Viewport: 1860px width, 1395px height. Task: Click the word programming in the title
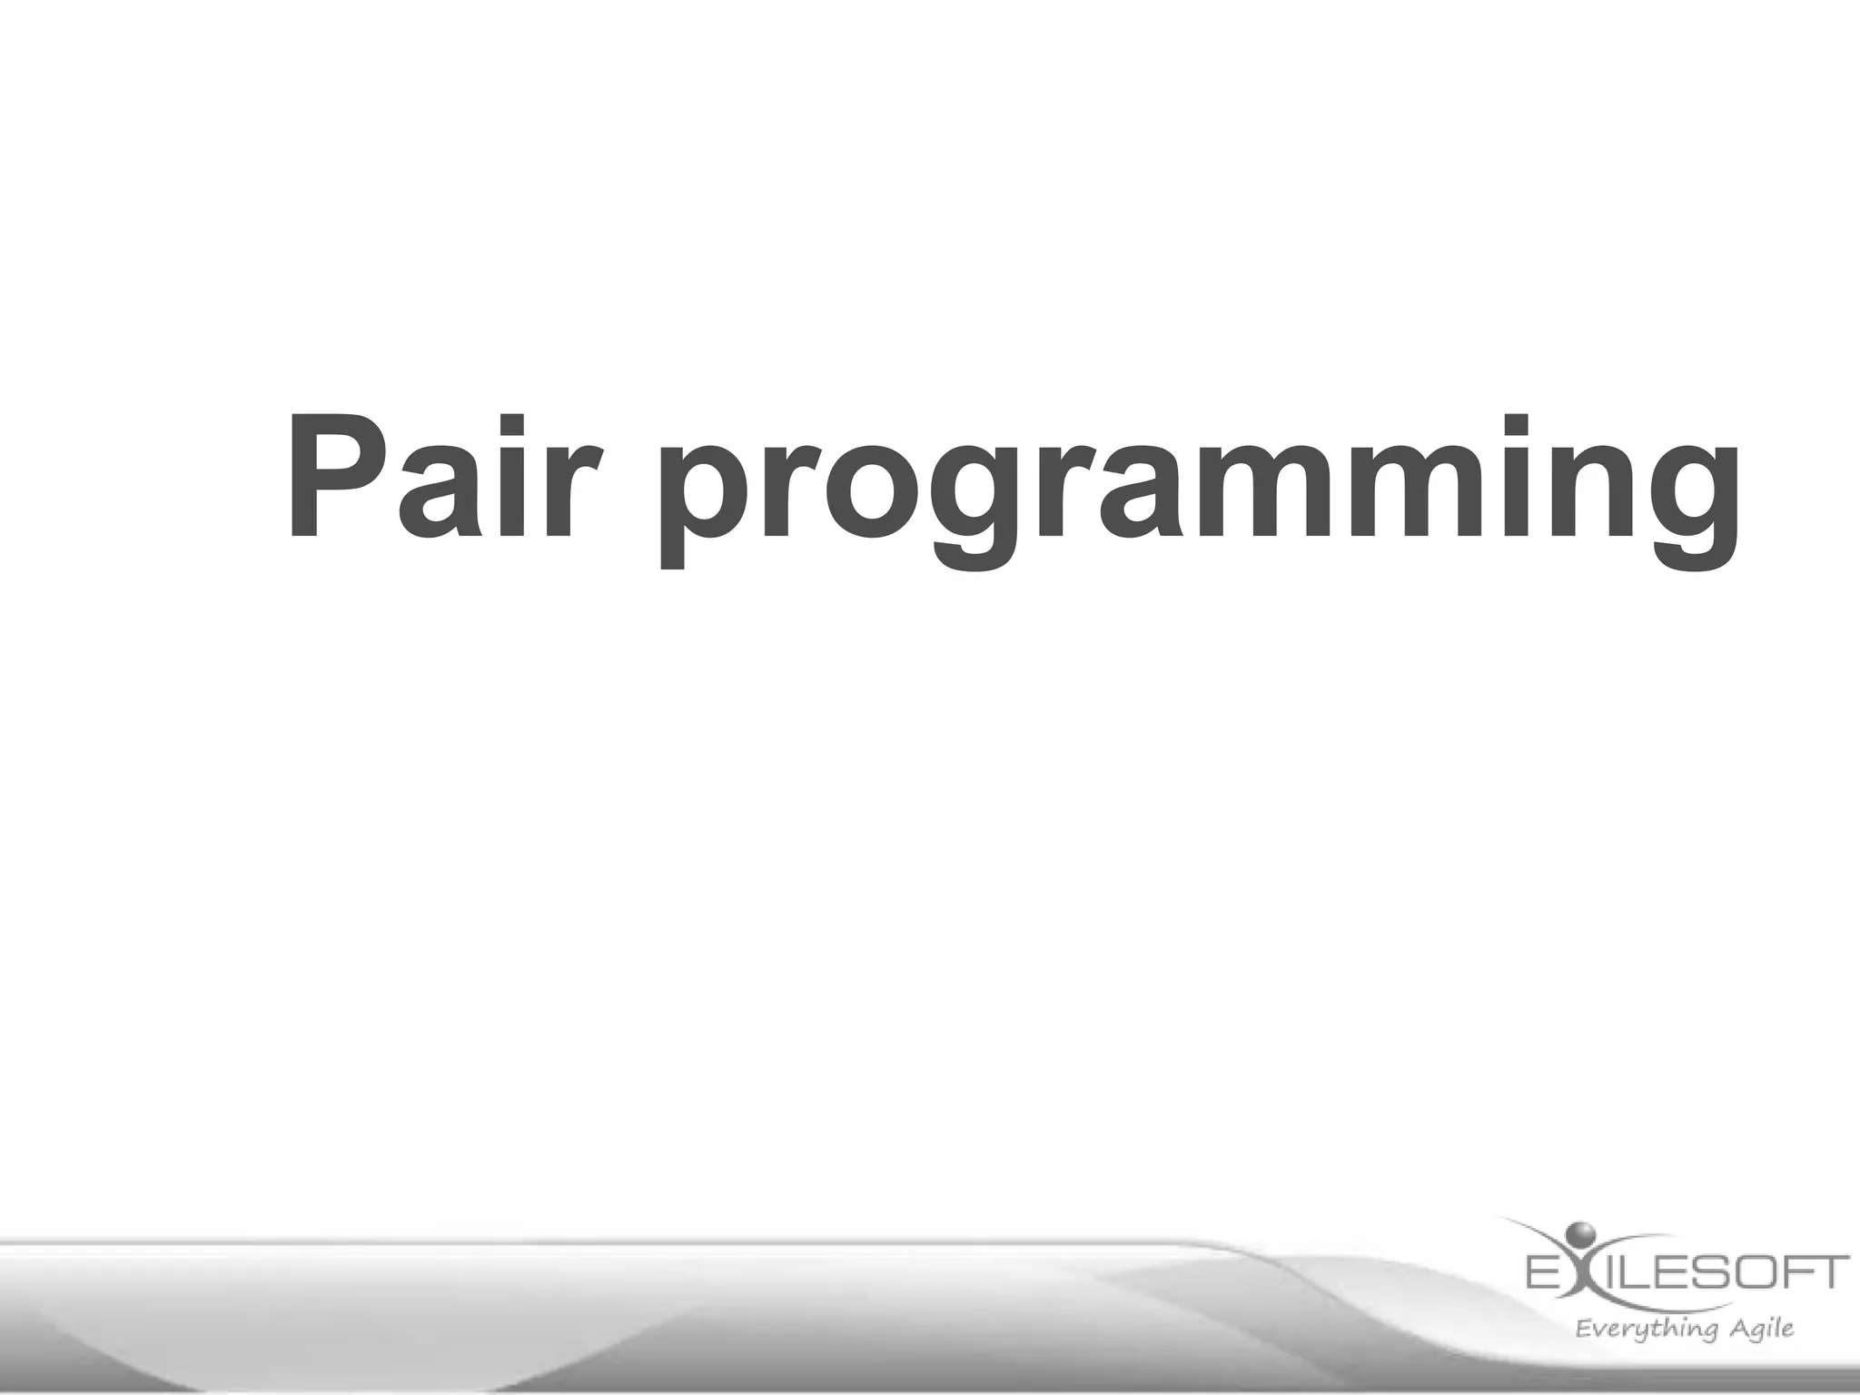pos(1199,490)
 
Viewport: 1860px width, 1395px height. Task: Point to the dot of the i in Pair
pos(514,427)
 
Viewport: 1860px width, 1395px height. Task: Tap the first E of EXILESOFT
pos(1545,1271)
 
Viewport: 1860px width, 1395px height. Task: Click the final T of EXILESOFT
pos(1828,1271)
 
